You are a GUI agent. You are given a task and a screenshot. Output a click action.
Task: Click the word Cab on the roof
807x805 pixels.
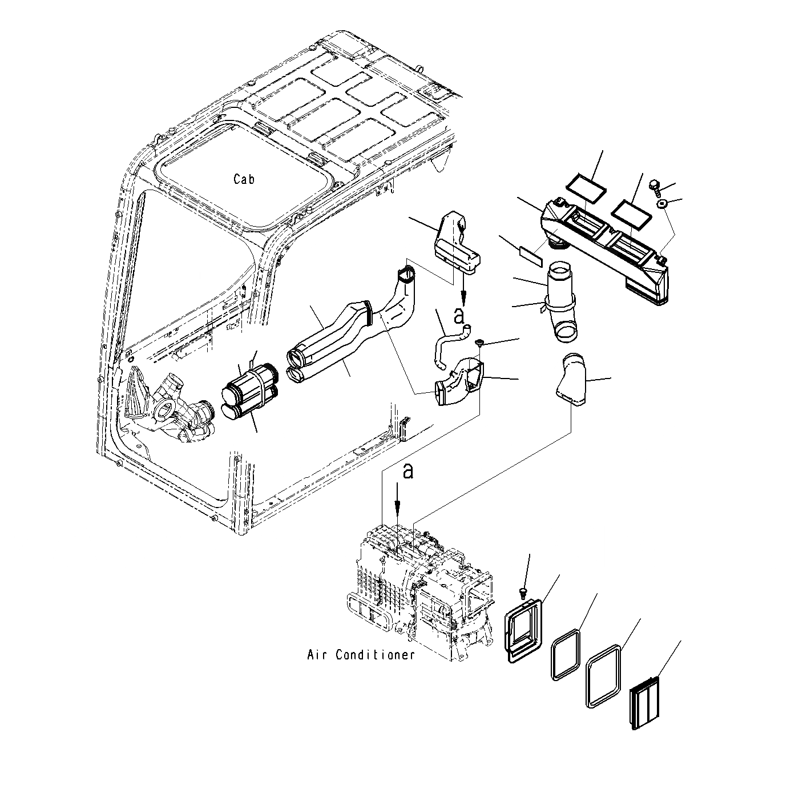pyautogui.click(x=244, y=179)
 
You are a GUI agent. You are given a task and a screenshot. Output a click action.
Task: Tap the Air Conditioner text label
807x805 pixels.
pyautogui.click(x=361, y=655)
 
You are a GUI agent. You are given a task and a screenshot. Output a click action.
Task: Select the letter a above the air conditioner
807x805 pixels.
pyautogui.click(x=407, y=471)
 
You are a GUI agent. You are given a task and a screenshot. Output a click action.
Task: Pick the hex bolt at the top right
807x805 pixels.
pyautogui.click(x=655, y=186)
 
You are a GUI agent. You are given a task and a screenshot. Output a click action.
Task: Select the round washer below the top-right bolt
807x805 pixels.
pyautogui.click(x=663, y=204)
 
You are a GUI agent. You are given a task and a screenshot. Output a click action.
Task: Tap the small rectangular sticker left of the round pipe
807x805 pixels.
pyautogui.click(x=531, y=255)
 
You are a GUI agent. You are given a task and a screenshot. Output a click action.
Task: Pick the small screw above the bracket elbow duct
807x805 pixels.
pyautogui.click(x=480, y=343)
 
